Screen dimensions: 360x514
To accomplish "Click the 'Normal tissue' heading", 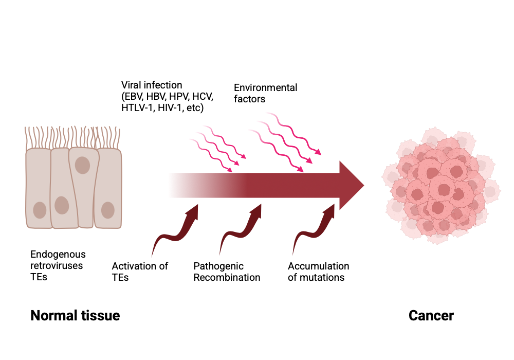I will point(75,315).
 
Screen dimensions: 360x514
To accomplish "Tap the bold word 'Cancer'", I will point(431,315).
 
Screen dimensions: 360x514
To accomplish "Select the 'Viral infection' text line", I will point(152,85).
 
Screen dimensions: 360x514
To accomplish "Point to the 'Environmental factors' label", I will point(265,93).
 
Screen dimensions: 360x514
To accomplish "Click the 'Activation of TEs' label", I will point(140,272).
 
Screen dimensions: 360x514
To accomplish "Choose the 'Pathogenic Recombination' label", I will point(227,272).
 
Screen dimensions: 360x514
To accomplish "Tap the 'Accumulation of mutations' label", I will point(318,272).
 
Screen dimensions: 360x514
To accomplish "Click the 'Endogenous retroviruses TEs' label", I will point(58,266).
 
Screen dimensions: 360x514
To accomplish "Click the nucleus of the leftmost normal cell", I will point(40,210).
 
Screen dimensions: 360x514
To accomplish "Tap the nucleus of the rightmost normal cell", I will point(107,210).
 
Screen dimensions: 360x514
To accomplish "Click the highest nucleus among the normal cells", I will point(82,165).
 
